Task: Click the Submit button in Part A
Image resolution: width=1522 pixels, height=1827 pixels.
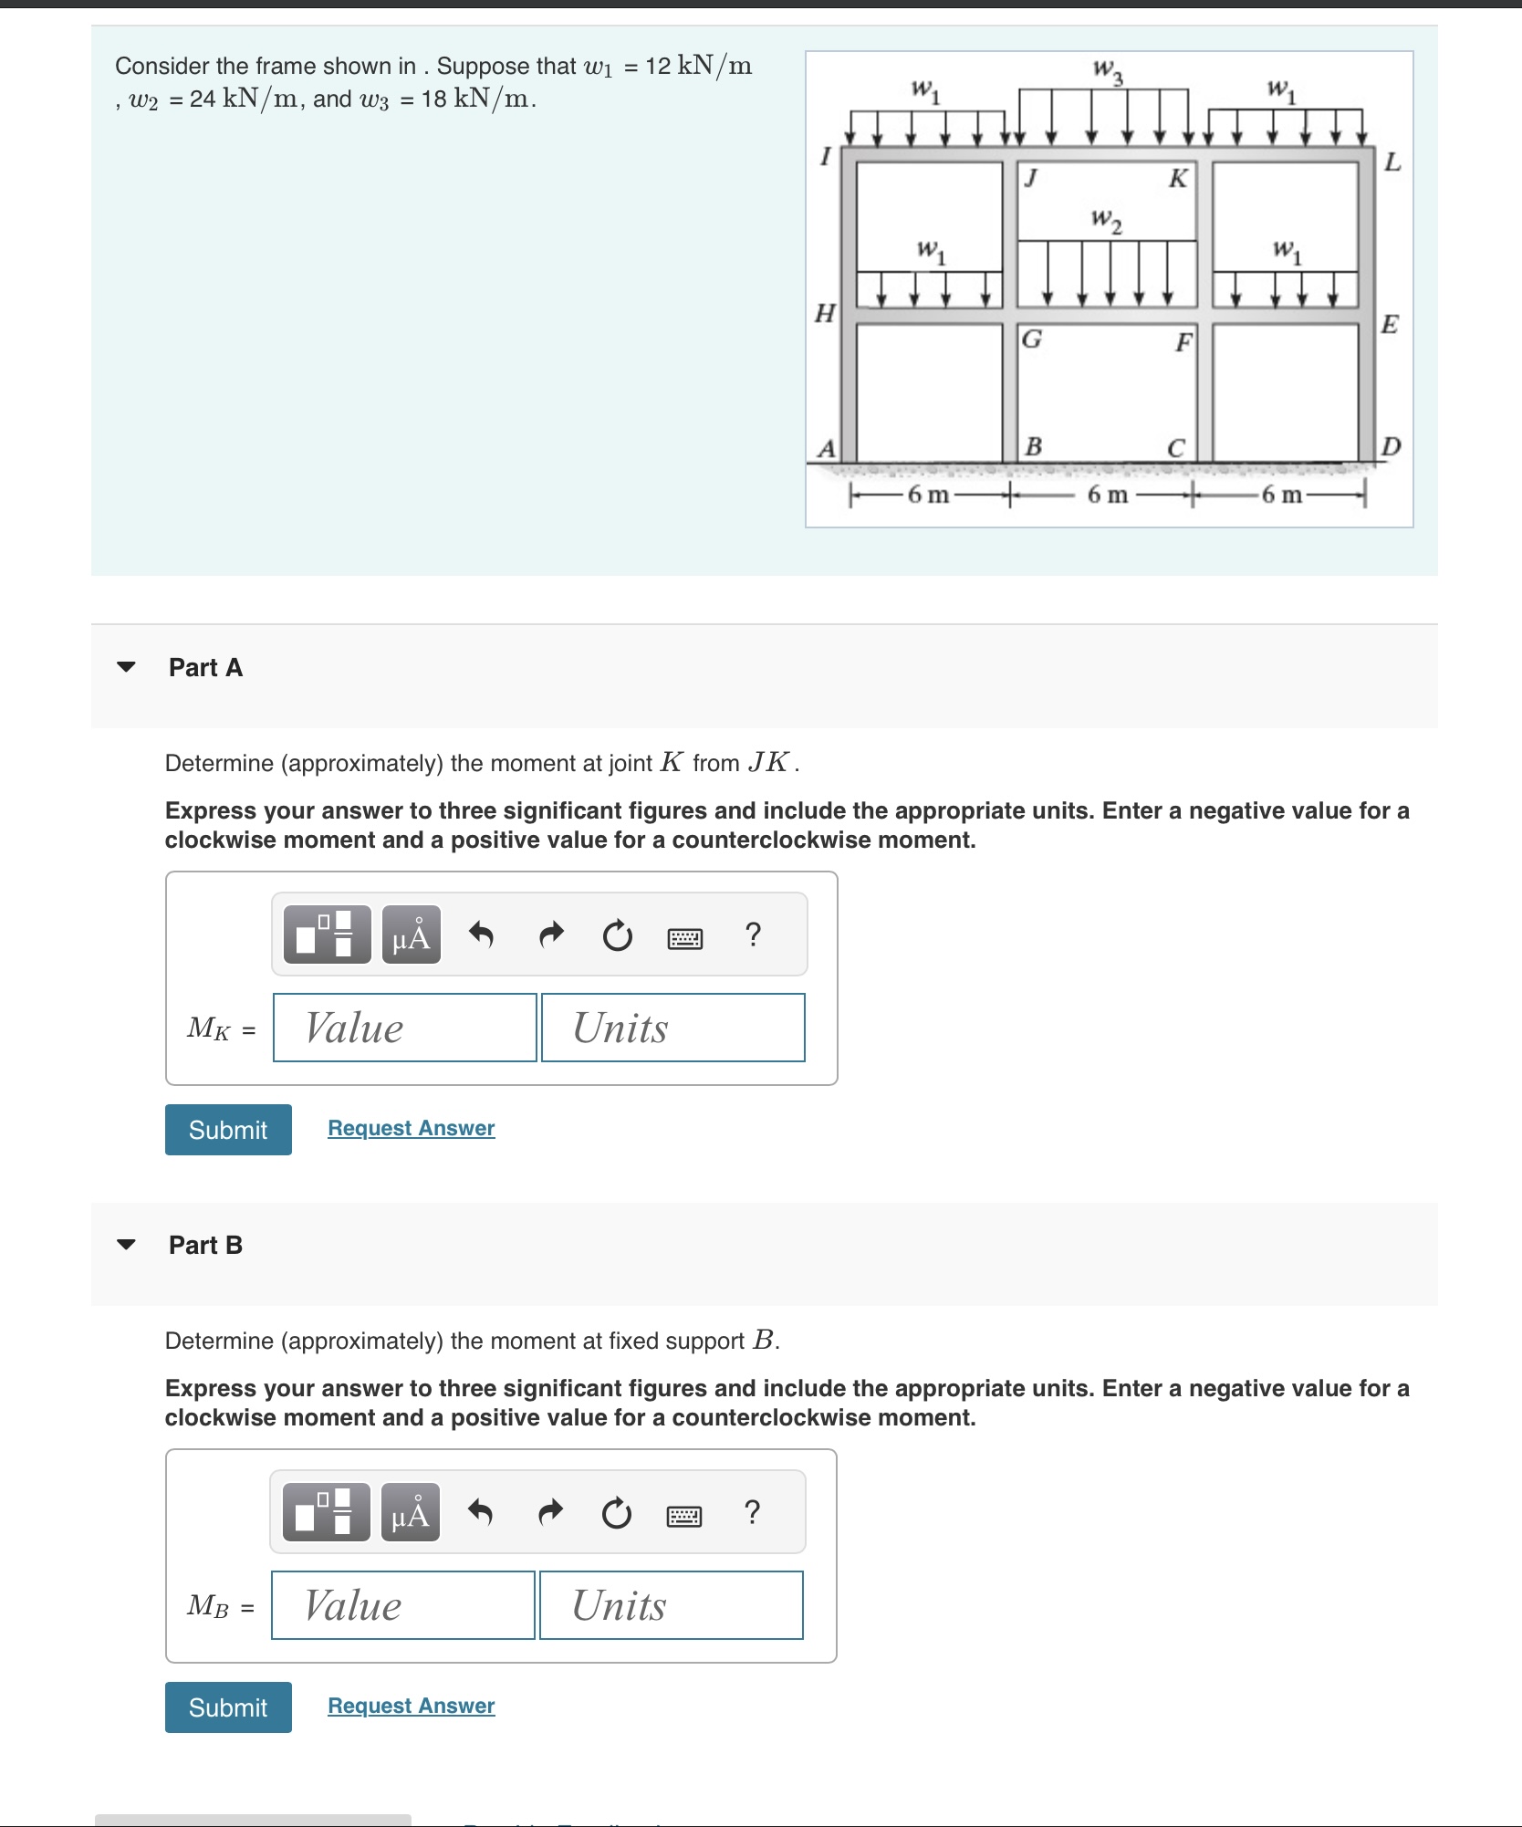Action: point(228,1130)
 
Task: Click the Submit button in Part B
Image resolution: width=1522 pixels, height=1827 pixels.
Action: point(228,1707)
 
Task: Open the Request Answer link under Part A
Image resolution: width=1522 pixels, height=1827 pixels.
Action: point(411,1128)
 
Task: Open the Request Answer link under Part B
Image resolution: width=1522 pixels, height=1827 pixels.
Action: point(411,1706)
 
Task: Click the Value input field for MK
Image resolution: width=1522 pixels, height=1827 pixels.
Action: point(404,1028)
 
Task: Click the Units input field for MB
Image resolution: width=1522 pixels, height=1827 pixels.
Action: point(671,1605)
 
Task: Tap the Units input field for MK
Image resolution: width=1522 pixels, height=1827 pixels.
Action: point(672,1028)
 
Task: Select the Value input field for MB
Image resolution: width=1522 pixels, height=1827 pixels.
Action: point(402,1605)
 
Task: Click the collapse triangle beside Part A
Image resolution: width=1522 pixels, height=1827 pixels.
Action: point(127,667)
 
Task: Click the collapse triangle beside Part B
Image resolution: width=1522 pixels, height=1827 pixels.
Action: point(127,1245)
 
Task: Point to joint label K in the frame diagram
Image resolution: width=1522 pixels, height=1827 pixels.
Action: point(1178,178)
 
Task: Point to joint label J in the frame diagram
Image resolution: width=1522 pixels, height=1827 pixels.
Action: point(1030,176)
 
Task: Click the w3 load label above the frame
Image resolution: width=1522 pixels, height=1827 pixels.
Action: point(1107,70)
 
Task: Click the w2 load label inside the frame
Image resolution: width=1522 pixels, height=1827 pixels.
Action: point(1106,220)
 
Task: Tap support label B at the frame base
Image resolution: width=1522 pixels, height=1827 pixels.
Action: point(1033,446)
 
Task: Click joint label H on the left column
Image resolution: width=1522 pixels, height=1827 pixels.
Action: point(824,314)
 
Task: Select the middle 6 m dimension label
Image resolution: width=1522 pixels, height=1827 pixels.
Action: point(1107,496)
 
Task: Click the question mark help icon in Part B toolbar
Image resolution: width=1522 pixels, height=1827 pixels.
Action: point(752,1512)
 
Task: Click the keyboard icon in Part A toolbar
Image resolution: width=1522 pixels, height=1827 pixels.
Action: point(685,938)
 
